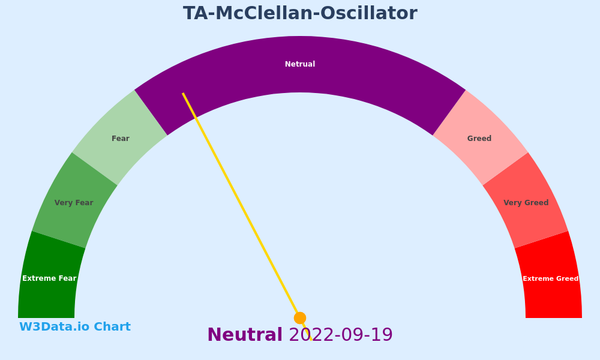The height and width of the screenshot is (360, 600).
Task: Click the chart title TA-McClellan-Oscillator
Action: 300,13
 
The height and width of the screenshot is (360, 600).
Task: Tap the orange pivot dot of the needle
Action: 300,318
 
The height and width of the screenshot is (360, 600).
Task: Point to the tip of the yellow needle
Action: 183,93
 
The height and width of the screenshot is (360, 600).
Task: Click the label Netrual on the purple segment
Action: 300,64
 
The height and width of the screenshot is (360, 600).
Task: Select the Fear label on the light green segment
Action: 121,139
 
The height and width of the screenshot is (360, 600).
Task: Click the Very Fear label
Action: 74,203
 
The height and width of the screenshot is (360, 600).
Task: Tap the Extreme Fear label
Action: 49,278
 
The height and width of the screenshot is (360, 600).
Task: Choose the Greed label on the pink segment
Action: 479,139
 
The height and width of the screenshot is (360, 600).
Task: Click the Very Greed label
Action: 526,203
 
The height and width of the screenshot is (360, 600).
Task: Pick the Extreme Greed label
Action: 551,278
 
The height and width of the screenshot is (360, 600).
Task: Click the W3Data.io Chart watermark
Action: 75,327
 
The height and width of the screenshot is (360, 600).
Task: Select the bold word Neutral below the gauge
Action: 245,335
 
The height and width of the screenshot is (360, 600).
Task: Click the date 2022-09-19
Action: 341,335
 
